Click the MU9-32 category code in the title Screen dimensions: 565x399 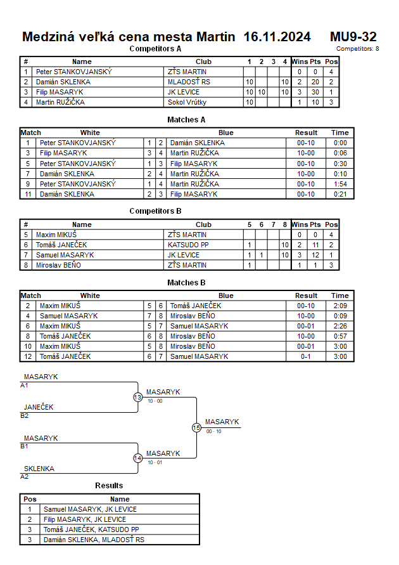pos(353,37)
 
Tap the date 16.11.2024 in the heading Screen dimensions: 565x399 pos(277,37)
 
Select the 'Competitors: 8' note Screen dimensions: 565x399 pos(358,48)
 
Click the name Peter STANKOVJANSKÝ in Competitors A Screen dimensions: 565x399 pos(74,72)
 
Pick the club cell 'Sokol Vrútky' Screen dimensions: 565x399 pos(187,102)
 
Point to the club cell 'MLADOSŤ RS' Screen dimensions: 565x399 pos(189,82)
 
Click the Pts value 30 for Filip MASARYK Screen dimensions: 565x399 pos(315,92)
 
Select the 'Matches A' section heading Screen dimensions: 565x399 pos(186,119)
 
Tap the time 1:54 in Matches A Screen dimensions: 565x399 pos(340,184)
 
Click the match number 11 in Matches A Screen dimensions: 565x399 pos(28,194)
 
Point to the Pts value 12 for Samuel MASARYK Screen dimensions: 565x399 pos(315,255)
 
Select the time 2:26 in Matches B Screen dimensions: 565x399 pos(340,326)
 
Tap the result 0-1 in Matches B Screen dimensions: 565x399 pos(307,356)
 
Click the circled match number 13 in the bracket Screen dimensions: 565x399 pos(138,397)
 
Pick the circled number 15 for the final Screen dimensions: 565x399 pos(196,428)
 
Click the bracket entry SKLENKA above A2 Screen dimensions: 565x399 pos(39,469)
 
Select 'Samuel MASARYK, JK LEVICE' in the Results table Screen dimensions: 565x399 pos(90,509)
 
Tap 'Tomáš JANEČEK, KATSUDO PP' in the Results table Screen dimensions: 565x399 pos(91,529)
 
